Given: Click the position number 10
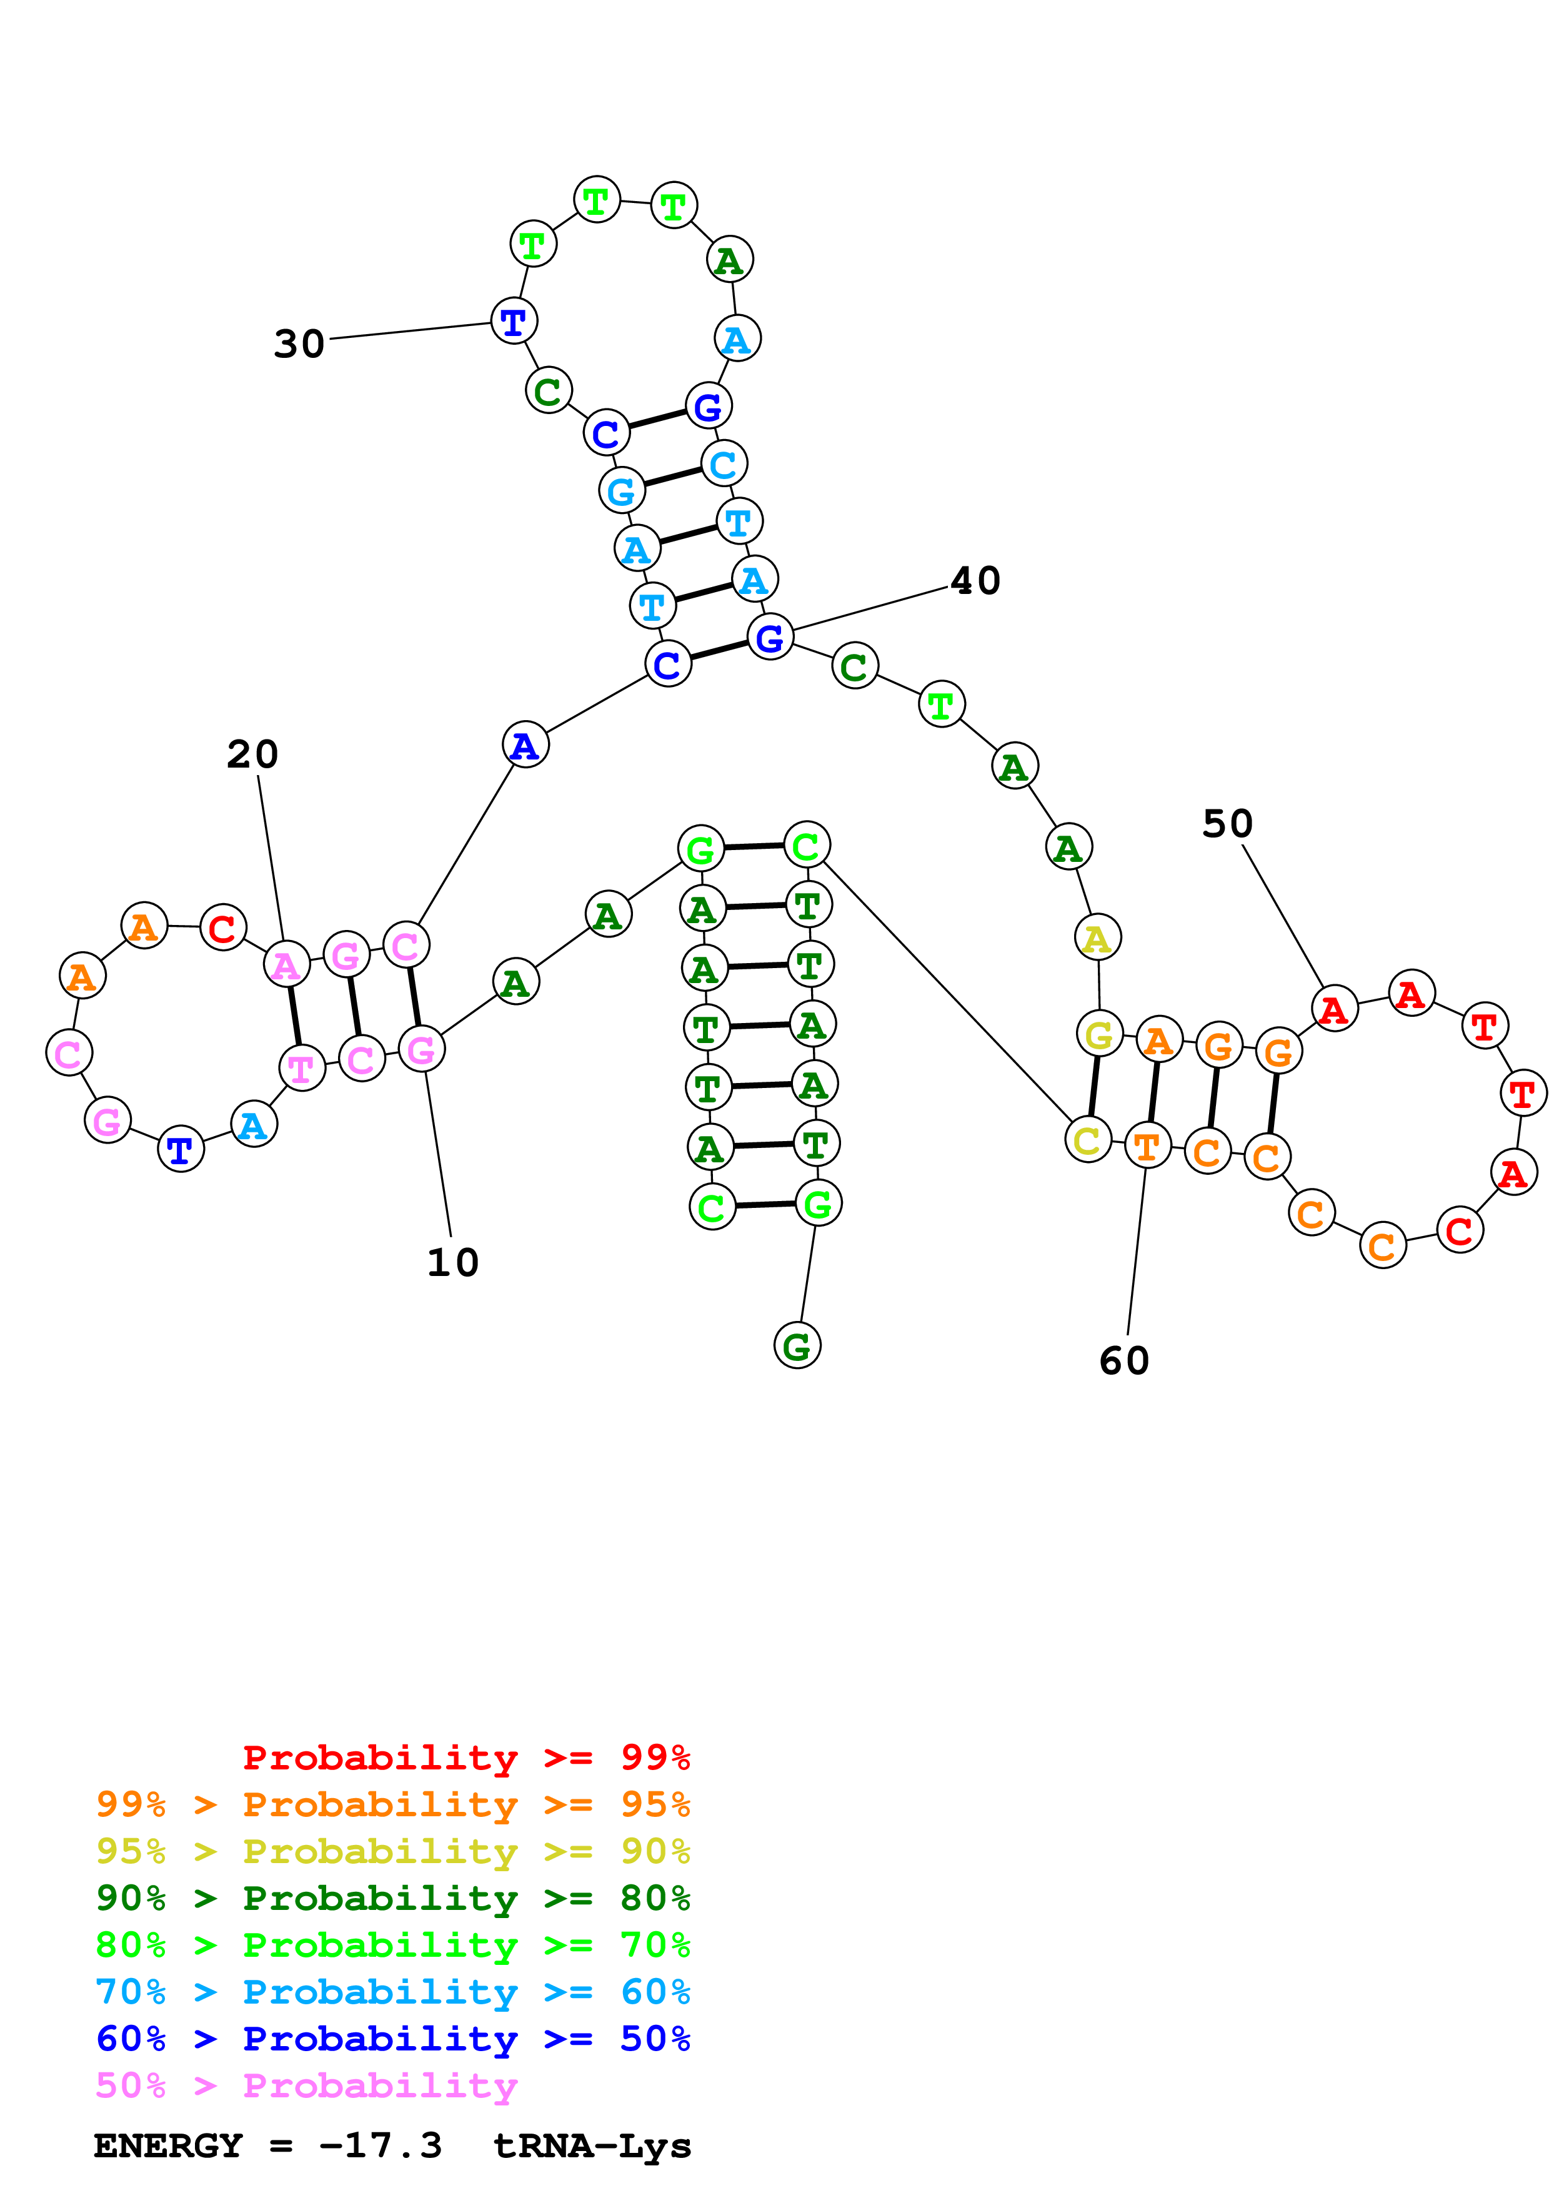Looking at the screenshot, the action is pyautogui.click(x=452, y=1262).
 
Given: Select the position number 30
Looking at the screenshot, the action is pyautogui.click(x=299, y=344).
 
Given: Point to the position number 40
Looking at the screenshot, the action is pyautogui.click(x=975, y=580).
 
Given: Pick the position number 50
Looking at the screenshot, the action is pyautogui.click(x=1227, y=824).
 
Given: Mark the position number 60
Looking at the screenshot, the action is pyautogui.click(x=1123, y=1361).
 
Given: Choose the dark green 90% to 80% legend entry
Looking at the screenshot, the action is pyautogui.click(x=392, y=1898).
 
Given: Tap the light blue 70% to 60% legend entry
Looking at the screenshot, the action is pyautogui.click(x=392, y=1992).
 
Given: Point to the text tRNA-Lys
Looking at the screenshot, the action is pyautogui.click(x=592, y=2146).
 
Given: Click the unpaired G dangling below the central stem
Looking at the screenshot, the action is pyautogui.click(x=797, y=1345).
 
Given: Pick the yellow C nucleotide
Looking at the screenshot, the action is pyautogui.click(x=1088, y=1140).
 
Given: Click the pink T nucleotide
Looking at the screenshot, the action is pyautogui.click(x=302, y=1068).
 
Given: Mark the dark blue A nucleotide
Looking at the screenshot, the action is pyautogui.click(x=525, y=745).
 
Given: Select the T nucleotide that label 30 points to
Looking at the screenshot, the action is pyautogui.click(x=514, y=322).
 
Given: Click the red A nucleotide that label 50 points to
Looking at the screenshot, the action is pyautogui.click(x=1334, y=1009).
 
